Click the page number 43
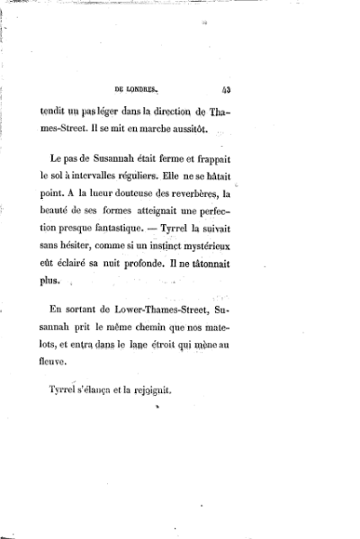pos(225,89)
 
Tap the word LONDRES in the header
pos(139,89)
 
